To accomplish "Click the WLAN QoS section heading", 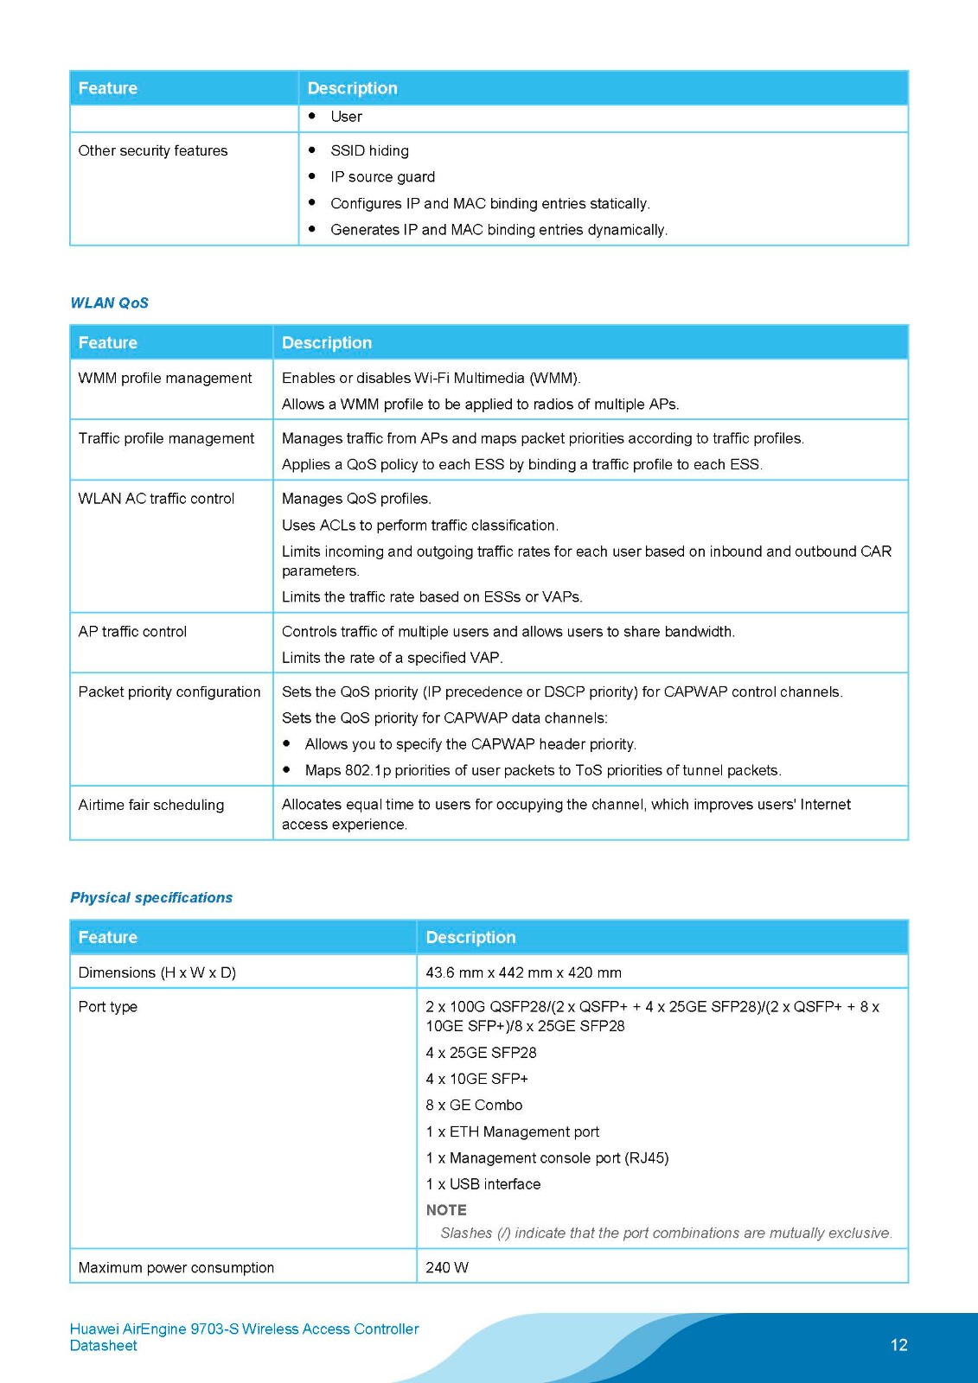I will pyautogui.click(x=109, y=303).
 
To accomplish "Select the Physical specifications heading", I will pyautogui.click(x=151, y=898).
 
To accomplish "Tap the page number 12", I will pyautogui.click(x=898, y=1345).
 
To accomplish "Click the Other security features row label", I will pyautogui.click(x=153, y=151).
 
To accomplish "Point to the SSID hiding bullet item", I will pyautogui.click(x=369, y=151).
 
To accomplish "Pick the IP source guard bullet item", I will pyautogui.click(x=382, y=177).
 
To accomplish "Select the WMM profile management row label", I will pyautogui.click(x=165, y=379).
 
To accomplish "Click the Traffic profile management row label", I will pyautogui.click(x=166, y=439).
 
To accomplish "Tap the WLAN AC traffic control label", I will pyautogui.click(x=157, y=499).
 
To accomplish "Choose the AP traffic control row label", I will pyautogui.click(x=132, y=632).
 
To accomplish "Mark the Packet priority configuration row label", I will pyautogui.click(x=169, y=692).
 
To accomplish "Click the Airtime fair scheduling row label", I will pyautogui.click(x=151, y=806).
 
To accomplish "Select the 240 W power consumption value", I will pyautogui.click(x=447, y=1268).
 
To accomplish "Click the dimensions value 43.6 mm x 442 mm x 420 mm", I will pyautogui.click(x=523, y=973).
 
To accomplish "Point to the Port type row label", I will pyautogui.click(x=108, y=1007).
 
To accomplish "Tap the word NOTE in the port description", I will pyautogui.click(x=446, y=1211).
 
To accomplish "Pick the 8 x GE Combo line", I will pyautogui.click(x=474, y=1106).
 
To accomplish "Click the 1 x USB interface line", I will pyautogui.click(x=483, y=1184).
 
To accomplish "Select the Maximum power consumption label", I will pyautogui.click(x=176, y=1268).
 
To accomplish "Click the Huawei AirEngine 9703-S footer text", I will pyautogui.click(x=244, y=1329).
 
